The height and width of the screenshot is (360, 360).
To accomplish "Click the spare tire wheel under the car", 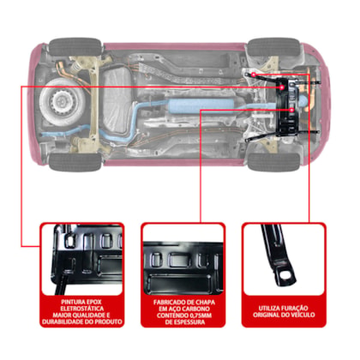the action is pos(63,101).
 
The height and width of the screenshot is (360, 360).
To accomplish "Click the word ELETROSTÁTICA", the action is pos(82,309).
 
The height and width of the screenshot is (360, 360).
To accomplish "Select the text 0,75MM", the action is pos(201,315).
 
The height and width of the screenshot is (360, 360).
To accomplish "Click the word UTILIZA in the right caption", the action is pos(268,309).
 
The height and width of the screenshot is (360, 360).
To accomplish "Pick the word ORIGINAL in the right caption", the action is pos(265,315).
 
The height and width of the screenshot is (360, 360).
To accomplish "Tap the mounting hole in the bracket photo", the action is pos(285,275).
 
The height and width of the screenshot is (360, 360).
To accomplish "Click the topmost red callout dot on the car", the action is pos(254,75).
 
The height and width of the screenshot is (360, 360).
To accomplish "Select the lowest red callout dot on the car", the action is pos(291,110).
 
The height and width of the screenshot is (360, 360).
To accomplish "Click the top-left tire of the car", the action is pos(75,46).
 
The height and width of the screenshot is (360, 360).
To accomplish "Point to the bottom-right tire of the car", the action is pos(273,162).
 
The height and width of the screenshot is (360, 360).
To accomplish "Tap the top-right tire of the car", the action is pos(273,46).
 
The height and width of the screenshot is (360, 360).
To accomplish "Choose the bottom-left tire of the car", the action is pos(75,162).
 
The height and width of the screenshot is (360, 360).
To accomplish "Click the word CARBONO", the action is pos(197,309).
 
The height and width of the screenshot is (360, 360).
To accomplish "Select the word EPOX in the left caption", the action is pos(92,302).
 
